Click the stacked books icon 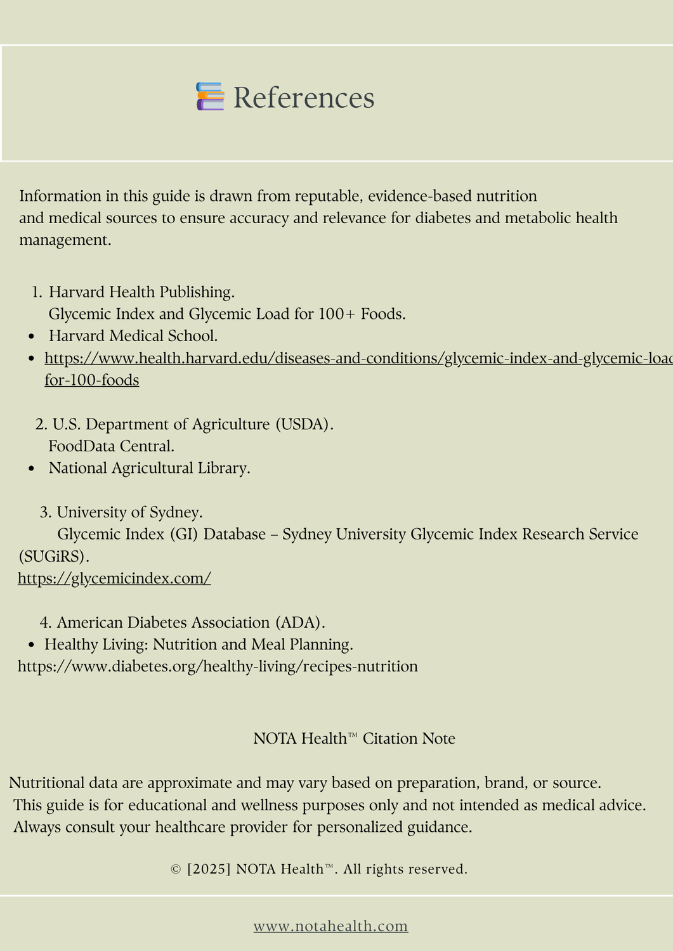tap(210, 97)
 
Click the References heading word tap(304, 98)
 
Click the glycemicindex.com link tap(114, 578)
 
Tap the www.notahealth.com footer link tap(330, 926)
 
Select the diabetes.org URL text tap(218, 666)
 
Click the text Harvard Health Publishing tap(141, 292)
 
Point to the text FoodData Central tap(111, 446)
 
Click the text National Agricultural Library tap(149, 469)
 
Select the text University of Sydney tap(129, 512)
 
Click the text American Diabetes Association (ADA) tap(191, 623)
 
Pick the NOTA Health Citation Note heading tap(354, 739)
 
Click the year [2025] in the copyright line tap(209, 869)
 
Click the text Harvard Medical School tap(133, 336)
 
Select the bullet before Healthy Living tap(32, 645)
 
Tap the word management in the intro tap(65, 240)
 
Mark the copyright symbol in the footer tap(176, 869)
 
